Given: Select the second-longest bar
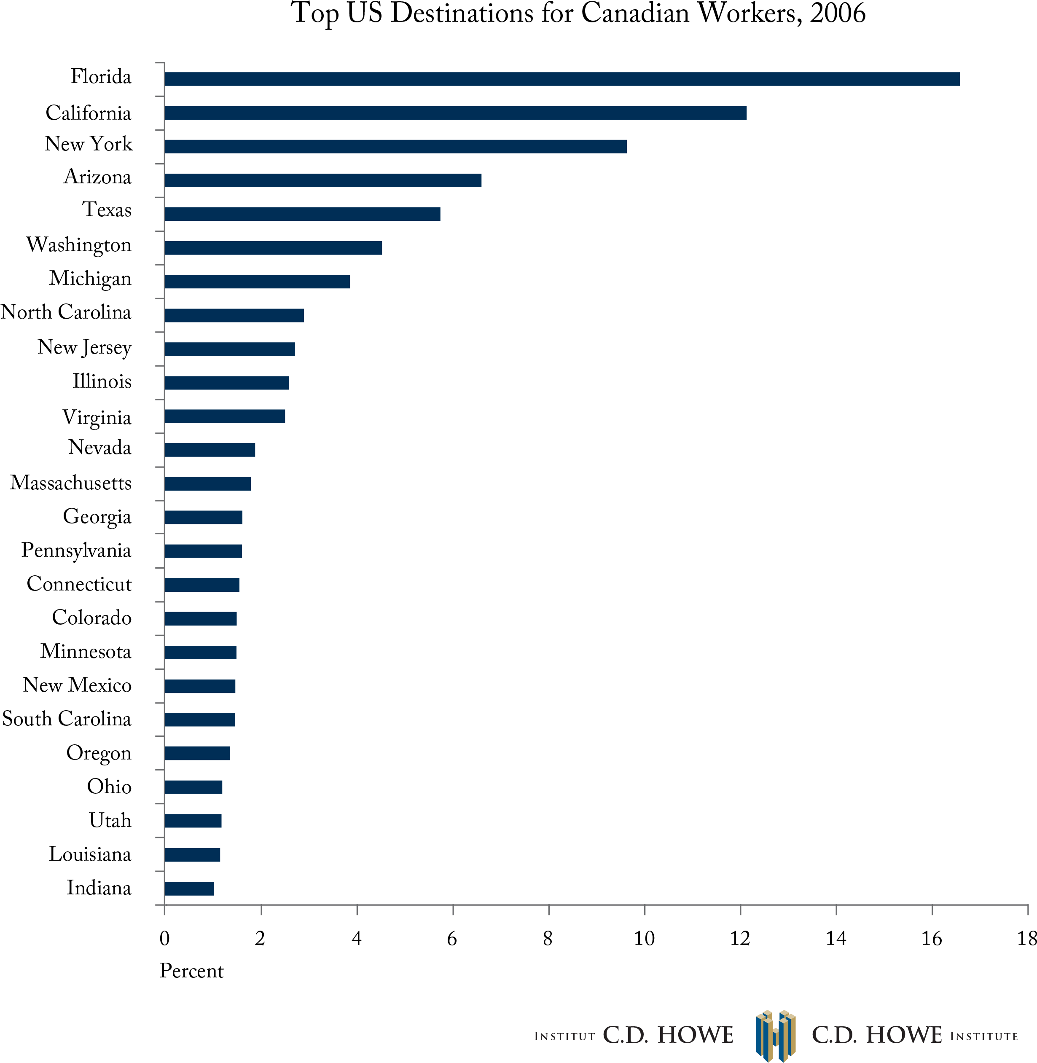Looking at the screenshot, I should click(x=455, y=113).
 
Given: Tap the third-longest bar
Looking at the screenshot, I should click(x=395, y=147).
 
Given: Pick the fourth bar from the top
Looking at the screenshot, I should click(x=323, y=180).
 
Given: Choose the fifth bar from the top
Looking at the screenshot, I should click(x=302, y=214).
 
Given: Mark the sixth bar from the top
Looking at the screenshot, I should click(x=274, y=248).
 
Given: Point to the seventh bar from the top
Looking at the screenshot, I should click(x=257, y=282).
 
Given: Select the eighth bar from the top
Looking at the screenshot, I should click(x=234, y=315).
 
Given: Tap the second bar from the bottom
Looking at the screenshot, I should click(x=192, y=855).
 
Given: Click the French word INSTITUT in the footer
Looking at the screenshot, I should click(x=564, y=1037).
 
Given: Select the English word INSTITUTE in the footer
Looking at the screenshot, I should click(x=983, y=1037).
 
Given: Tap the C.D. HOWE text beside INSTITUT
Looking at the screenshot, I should click(x=668, y=1035).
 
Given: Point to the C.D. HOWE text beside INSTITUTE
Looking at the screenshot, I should click(x=877, y=1035).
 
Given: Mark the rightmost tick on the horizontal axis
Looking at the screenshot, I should click(x=1028, y=910).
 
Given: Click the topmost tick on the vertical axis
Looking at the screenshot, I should click(x=160, y=63).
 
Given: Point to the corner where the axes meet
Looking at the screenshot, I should click(x=164, y=905).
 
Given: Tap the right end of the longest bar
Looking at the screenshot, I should click(x=959, y=79).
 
